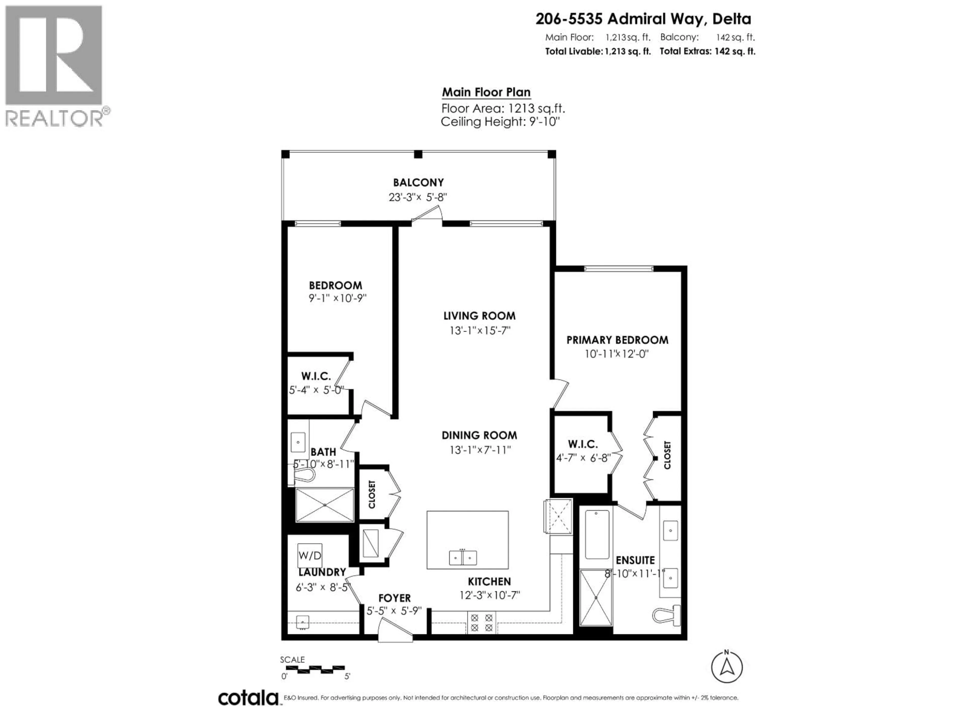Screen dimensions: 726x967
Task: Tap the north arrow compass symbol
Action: [x=727, y=667]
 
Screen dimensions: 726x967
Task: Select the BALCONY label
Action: [x=418, y=183]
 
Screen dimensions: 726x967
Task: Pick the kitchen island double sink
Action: [x=463, y=558]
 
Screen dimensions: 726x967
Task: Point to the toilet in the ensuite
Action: [x=667, y=615]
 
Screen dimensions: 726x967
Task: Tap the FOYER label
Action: [x=394, y=598]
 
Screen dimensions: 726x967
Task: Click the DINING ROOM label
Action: [x=479, y=435]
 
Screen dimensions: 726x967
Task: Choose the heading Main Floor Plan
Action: [x=486, y=92]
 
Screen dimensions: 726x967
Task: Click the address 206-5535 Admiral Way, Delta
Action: [x=643, y=19]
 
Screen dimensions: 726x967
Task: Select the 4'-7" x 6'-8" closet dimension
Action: [x=583, y=458]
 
